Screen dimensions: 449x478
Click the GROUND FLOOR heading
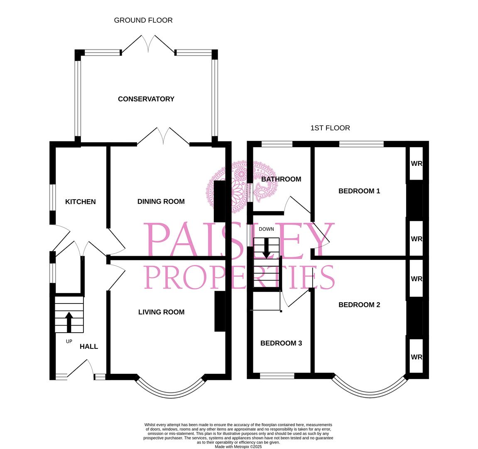[143, 20]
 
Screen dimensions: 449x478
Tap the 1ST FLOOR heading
[330, 128]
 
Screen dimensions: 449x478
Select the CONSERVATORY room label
[146, 99]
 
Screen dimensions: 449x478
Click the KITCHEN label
[81, 202]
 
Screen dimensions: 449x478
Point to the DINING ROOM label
[161, 202]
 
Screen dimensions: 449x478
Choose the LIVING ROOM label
[161, 312]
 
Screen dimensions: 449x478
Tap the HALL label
[89, 346]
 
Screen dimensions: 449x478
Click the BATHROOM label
[281, 179]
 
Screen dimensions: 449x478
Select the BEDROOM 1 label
[359, 191]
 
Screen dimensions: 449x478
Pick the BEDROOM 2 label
[359, 305]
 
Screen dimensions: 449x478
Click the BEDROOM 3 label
[281, 343]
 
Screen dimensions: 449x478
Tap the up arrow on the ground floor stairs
[69, 322]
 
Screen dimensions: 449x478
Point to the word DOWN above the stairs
[266, 229]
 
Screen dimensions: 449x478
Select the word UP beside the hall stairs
[69, 341]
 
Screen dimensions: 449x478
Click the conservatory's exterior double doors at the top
[148, 44]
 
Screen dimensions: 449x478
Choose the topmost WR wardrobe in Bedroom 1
[416, 163]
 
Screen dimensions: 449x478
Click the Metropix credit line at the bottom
[238, 447]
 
